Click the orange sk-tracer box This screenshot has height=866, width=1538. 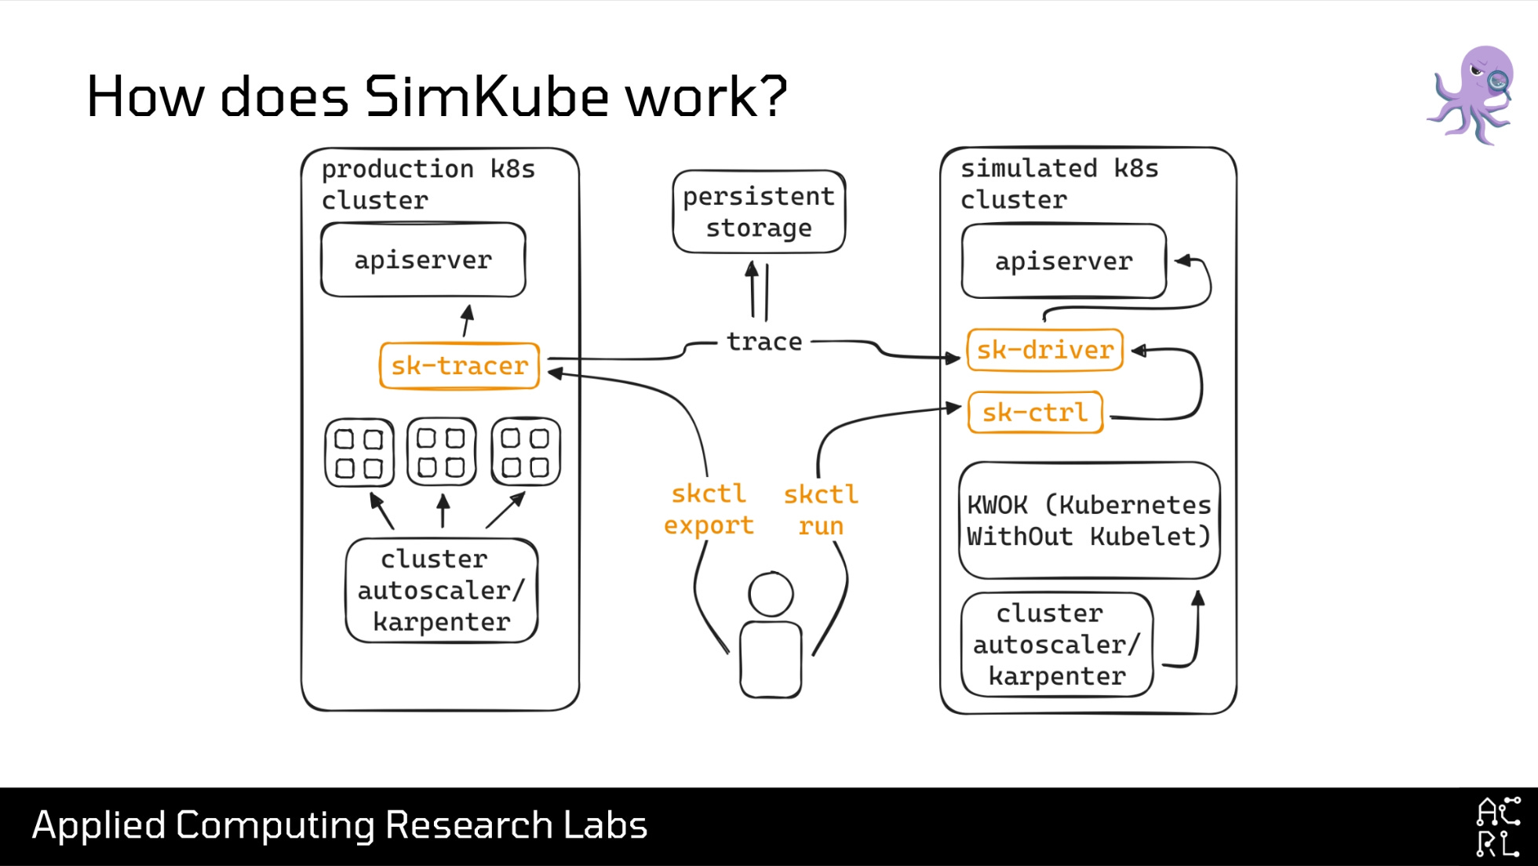459,366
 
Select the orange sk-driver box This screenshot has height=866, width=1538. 1044,350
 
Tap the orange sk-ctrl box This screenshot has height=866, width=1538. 1035,413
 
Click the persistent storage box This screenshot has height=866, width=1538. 759,212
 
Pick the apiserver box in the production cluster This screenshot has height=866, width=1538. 423,260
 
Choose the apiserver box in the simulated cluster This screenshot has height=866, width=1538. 1063,261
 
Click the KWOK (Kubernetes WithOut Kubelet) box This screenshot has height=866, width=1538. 1088,520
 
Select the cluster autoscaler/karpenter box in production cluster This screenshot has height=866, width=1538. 441,590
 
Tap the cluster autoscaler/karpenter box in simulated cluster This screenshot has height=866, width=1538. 1056,644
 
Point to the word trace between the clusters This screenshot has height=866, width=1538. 764,342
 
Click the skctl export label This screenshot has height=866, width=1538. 709,509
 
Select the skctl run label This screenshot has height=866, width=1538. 821,510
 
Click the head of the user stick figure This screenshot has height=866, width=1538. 771,594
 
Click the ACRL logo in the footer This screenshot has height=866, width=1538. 1497,827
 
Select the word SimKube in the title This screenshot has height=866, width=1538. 487,96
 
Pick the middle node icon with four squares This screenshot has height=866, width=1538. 442,452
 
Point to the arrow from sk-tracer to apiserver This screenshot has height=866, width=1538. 467,321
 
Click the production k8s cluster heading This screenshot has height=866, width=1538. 428,184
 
